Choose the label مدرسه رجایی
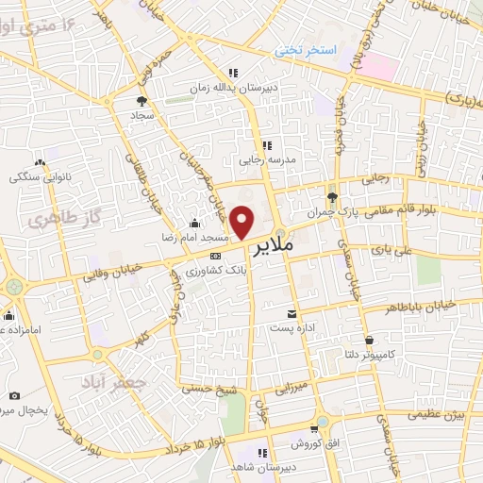[267, 161]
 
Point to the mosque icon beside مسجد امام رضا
[194, 223]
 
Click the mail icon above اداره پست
[291, 313]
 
